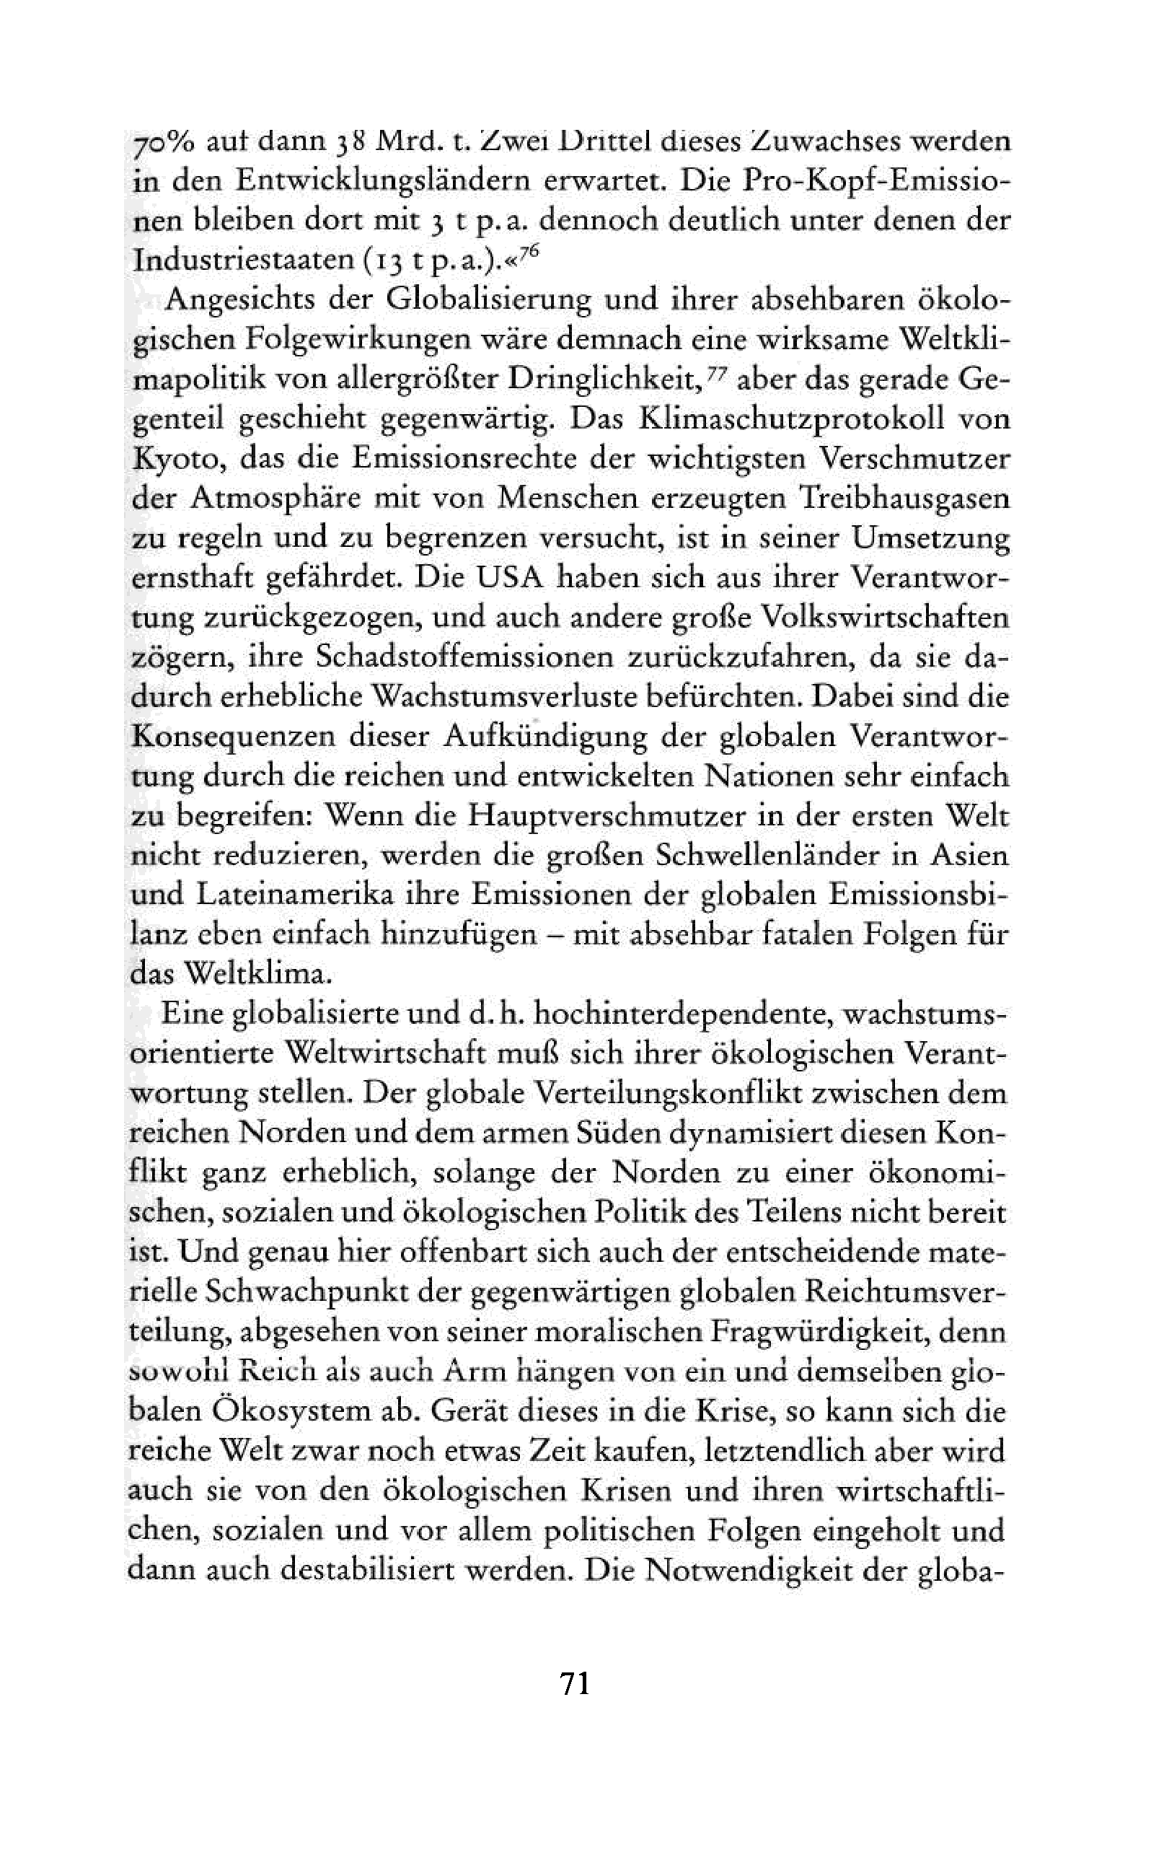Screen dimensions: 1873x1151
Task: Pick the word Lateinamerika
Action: (x=294, y=895)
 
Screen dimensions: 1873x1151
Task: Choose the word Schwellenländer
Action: (x=770, y=855)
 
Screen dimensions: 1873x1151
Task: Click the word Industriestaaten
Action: (x=241, y=260)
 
